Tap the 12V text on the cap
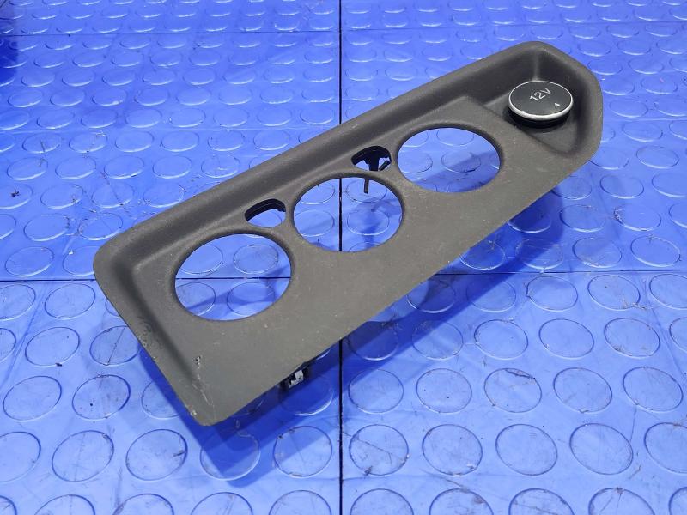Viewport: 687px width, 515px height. click(x=538, y=96)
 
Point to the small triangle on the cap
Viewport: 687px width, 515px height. click(x=556, y=105)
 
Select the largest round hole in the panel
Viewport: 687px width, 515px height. click(x=233, y=276)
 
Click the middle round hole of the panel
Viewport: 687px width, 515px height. click(x=348, y=213)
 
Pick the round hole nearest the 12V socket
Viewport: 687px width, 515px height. click(x=448, y=161)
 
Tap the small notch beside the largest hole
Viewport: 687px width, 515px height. click(x=265, y=211)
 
